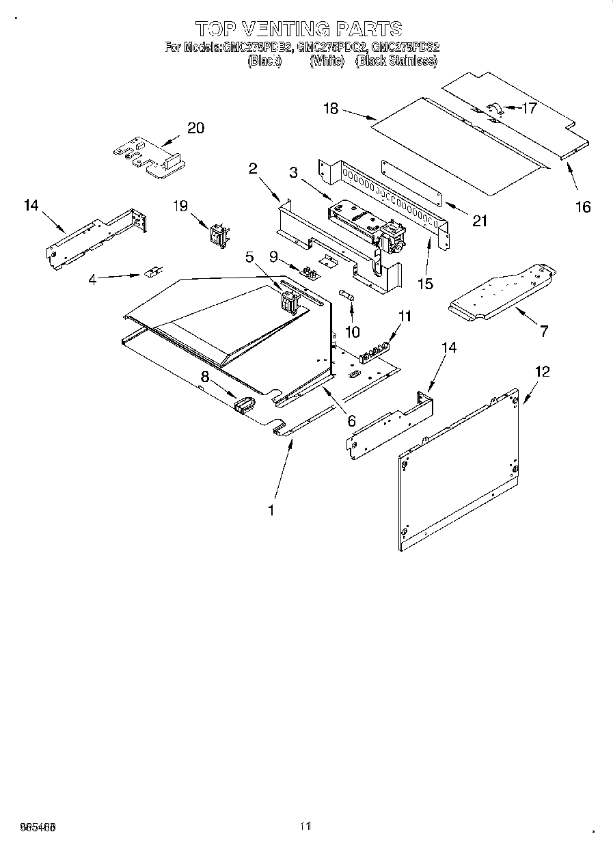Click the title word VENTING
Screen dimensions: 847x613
284,28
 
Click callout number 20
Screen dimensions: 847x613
195,128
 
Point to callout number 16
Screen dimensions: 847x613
582,206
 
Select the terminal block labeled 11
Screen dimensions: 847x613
373,347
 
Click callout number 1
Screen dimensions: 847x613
271,510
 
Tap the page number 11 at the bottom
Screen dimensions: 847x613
305,826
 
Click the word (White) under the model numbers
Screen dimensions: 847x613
326,61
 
